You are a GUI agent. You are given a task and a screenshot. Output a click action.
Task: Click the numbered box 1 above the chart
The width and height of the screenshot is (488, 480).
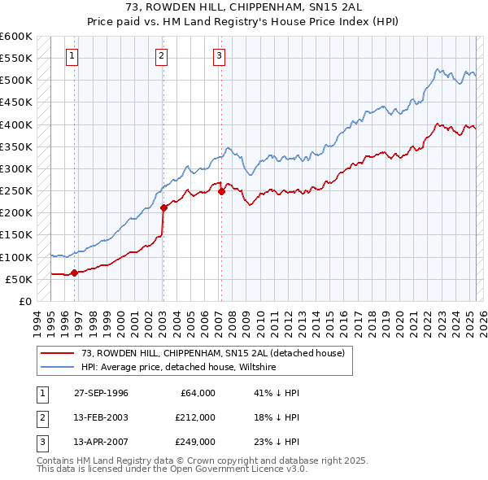pyautogui.click(x=72, y=56)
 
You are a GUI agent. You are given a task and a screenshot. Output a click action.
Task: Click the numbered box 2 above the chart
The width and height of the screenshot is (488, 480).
pyautogui.click(x=162, y=56)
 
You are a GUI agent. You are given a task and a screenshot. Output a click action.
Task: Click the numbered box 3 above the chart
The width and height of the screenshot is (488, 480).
pyautogui.click(x=220, y=56)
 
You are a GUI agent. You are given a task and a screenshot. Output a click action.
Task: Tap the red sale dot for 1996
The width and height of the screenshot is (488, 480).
pyautogui.click(x=74, y=273)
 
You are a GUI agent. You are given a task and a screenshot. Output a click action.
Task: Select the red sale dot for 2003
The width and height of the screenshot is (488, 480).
pyautogui.click(x=163, y=207)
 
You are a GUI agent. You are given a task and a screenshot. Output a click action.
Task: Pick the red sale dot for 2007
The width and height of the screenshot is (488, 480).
pyautogui.click(x=221, y=191)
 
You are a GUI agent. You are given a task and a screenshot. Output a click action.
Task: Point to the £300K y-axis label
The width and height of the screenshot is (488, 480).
pyautogui.click(x=16, y=168)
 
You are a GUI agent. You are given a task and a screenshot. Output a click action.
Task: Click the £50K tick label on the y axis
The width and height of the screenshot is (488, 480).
pyautogui.click(x=20, y=279)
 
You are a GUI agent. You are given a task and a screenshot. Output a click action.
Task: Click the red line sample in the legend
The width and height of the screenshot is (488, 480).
pyautogui.click(x=57, y=353)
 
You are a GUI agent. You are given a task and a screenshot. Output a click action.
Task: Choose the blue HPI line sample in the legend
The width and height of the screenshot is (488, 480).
pyautogui.click(x=57, y=368)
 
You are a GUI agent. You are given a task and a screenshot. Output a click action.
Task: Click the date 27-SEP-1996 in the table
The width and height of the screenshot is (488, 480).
pyautogui.click(x=101, y=393)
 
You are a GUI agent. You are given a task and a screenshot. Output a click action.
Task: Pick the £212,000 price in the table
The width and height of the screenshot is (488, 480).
pyautogui.click(x=195, y=417)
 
